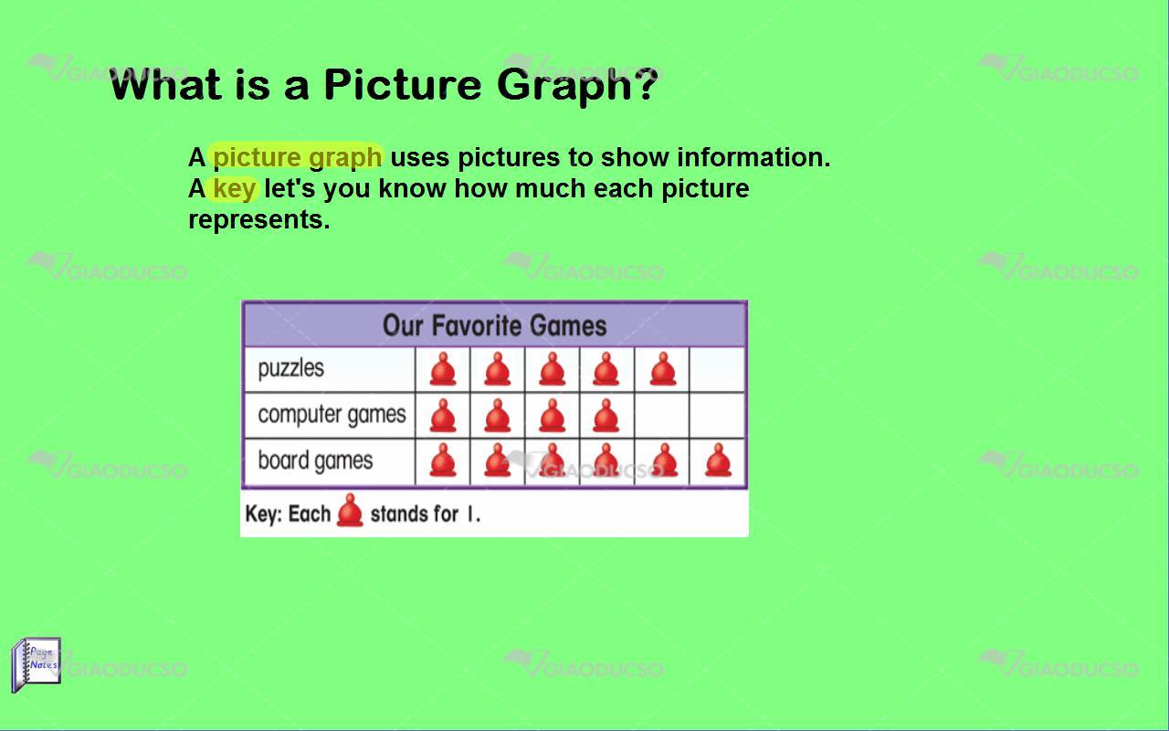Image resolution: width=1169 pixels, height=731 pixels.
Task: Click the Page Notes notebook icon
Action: click(36, 664)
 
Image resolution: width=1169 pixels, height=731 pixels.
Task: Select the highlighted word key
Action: click(235, 188)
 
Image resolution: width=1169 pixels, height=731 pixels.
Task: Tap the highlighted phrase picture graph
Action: click(297, 157)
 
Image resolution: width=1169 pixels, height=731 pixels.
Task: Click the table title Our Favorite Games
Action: click(495, 325)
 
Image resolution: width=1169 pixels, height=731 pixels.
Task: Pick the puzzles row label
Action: click(290, 368)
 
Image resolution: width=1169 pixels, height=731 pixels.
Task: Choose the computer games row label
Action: click(332, 415)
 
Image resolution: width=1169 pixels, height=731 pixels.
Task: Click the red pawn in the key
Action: click(350, 510)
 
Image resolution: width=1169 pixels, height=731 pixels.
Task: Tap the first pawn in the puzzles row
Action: click(443, 369)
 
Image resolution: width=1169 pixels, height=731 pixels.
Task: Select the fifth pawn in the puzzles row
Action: click(663, 369)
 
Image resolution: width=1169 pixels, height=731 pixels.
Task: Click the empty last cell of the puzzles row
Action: click(717, 369)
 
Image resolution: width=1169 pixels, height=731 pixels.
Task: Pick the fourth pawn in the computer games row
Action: click(606, 416)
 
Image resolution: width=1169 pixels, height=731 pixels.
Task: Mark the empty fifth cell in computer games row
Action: click(662, 415)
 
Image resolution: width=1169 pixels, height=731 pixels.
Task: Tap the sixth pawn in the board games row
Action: click(718, 460)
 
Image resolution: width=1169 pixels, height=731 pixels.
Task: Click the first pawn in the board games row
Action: click(443, 460)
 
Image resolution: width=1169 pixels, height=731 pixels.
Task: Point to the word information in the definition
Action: click(753, 157)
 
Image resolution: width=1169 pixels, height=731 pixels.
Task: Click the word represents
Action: click(258, 220)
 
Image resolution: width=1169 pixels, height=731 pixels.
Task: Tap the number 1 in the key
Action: click(470, 514)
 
